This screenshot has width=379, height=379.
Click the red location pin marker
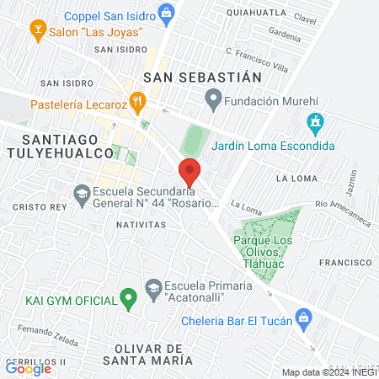coord(190,172)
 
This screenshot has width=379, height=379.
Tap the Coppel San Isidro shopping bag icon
coord(168,13)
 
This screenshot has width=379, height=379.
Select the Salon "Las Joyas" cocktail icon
coord(36,31)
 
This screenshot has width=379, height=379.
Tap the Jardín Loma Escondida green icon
coord(316,125)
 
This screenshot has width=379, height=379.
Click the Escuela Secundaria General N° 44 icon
coord(82,195)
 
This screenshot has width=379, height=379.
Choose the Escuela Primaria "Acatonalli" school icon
coord(153,288)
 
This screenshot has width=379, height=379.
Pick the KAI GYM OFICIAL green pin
coord(127,297)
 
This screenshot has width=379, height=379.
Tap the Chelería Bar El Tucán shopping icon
coord(304,319)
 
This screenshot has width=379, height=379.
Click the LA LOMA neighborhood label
coord(294,179)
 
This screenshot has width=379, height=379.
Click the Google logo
coord(28,368)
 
